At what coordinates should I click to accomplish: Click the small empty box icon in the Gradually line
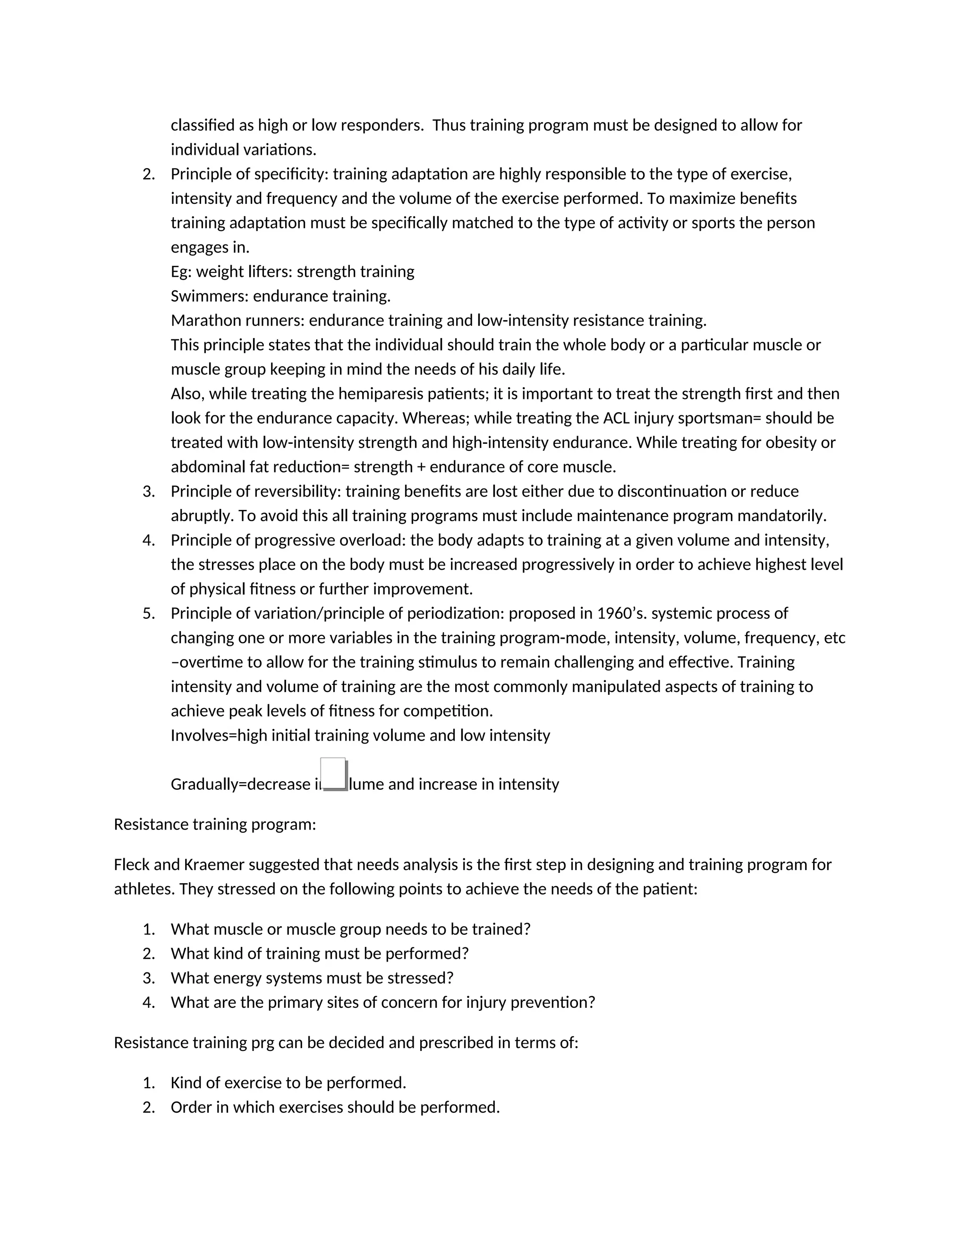(334, 774)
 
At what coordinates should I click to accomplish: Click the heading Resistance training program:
(215, 824)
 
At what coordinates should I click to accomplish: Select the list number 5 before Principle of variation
(148, 614)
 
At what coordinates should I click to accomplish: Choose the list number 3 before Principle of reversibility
(148, 491)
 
